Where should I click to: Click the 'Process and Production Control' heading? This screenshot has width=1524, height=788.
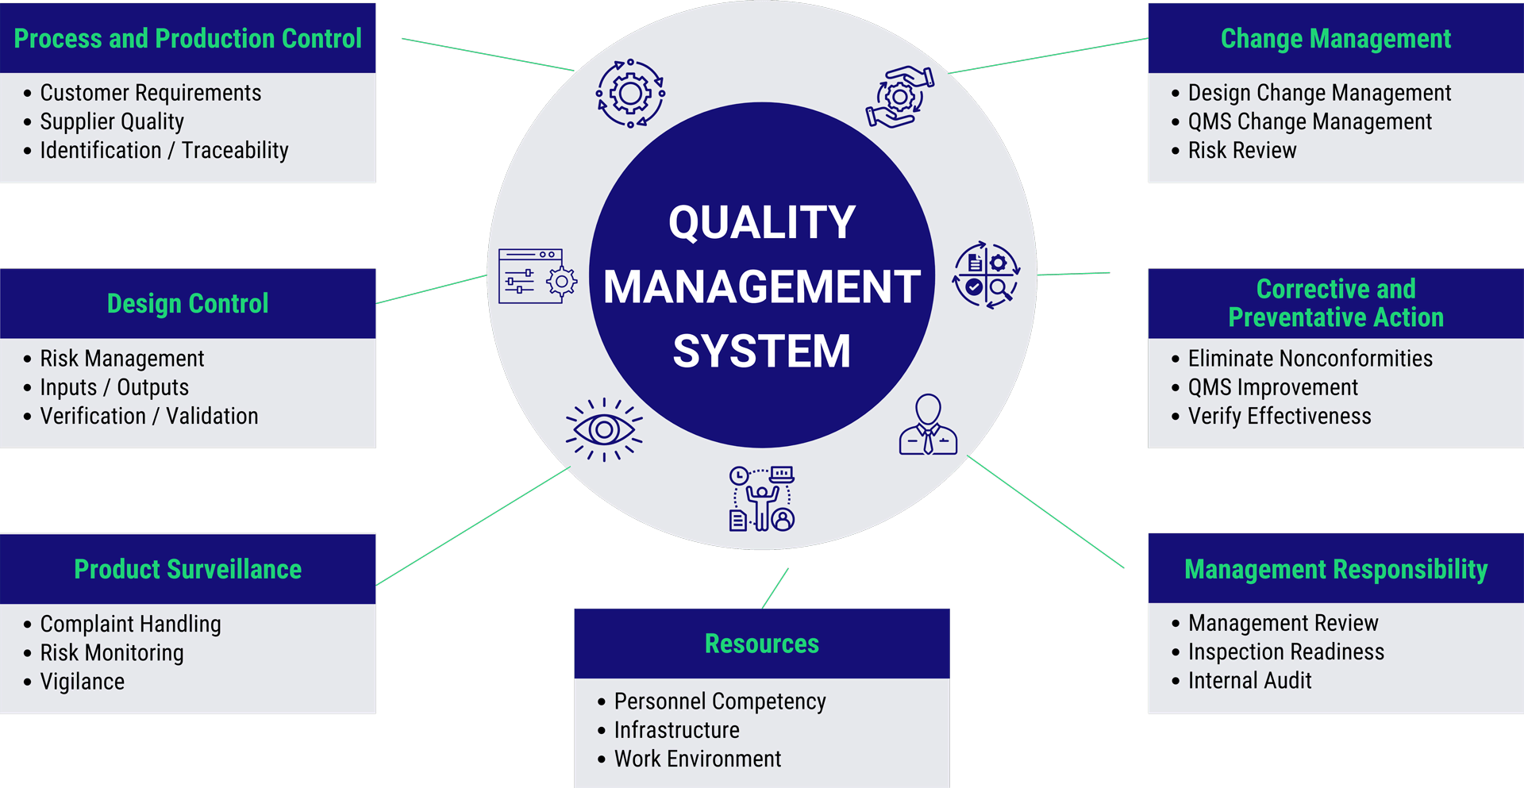point(187,38)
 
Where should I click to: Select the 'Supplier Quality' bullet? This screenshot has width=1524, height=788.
point(112,121)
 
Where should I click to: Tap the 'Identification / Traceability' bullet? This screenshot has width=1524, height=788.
point(164,150)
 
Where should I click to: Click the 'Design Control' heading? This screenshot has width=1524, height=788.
point(187,303)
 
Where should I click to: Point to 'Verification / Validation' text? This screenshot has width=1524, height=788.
point(149,416)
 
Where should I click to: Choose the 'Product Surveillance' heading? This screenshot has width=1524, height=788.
point(187,569)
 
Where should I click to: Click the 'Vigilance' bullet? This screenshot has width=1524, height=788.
point(83,682)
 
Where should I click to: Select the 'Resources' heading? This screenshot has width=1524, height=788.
point(761,644)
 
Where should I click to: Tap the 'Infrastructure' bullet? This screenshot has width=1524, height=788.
point(676,730)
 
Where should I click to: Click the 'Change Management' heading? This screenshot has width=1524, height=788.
point(1335,38)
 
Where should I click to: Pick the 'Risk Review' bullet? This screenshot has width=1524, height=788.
point(1241,150)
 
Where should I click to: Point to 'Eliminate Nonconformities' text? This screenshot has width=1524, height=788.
point(1310,359)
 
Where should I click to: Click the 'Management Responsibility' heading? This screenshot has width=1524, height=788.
point(1335,569)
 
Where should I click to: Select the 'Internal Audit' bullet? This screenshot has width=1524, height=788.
point(1249,681)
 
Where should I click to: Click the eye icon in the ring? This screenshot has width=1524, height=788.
point(604,429)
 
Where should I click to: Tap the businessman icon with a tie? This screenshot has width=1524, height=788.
point(928,425)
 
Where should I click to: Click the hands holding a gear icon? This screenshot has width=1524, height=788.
point(899,97)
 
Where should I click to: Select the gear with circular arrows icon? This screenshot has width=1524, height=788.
point(630,94)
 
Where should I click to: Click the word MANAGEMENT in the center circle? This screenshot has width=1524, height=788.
point(761,286)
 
